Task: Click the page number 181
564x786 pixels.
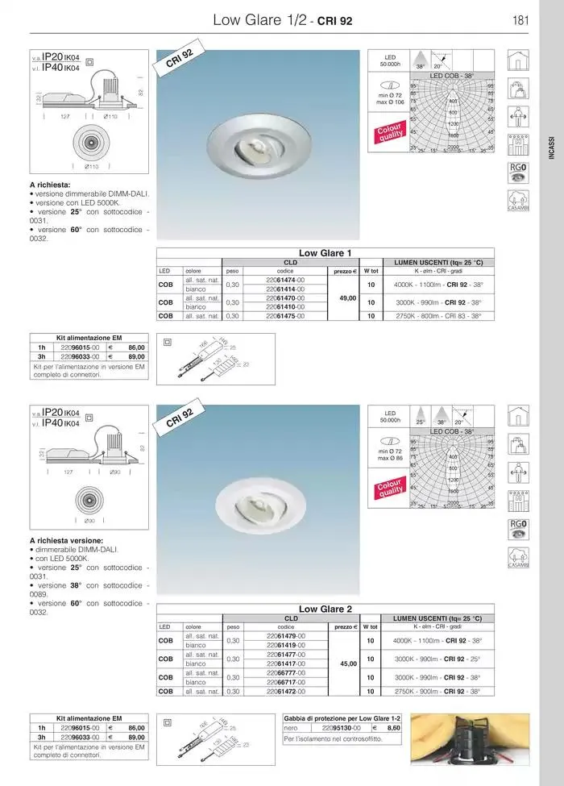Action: tap(520, 20)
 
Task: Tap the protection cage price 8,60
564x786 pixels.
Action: tap(393, 727)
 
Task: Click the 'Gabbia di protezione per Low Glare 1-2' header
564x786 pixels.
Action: tap(342, 717)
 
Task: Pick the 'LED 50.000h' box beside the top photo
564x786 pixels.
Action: tap(390, 60)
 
